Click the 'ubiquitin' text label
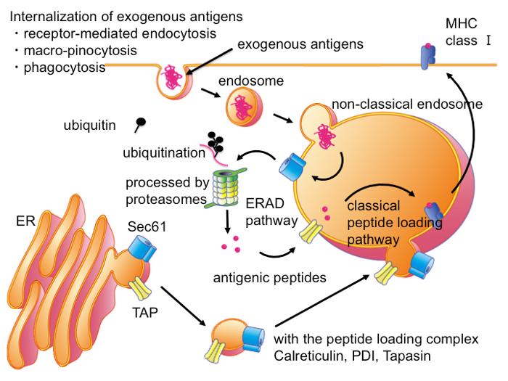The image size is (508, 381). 89,126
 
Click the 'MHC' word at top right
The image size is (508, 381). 459,23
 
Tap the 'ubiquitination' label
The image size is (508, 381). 164,153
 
